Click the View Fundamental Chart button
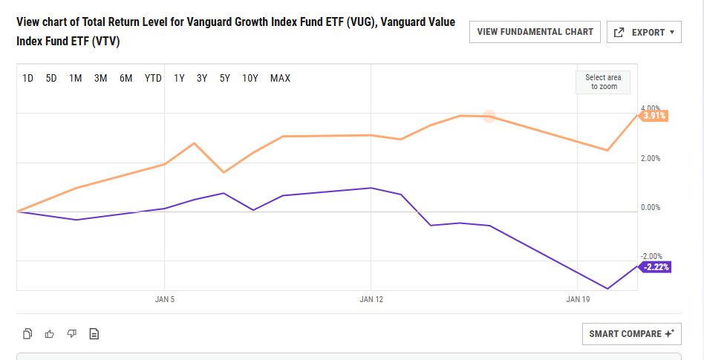coord(535,32)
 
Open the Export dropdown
coord(644,32)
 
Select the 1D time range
coord(28,78)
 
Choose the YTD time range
coord(153,78)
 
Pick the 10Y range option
coord(250,78)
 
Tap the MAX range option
coord(280,78)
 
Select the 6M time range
coord(126,78)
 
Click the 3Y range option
coord(202,78)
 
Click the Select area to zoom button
coord(602,82)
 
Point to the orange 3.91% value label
coord(654,116)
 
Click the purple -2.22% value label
coord(656,267)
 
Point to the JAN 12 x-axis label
coord(371,300)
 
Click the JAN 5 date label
coord(165,300)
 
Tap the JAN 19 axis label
coord(578,300)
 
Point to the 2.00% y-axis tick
coord(651,158)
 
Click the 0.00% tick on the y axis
coord(651,207)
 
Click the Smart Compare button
coord(631,334)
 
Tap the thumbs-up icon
coord(50,334)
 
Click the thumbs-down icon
coord(72,334)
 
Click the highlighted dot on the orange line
coord(489,116)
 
